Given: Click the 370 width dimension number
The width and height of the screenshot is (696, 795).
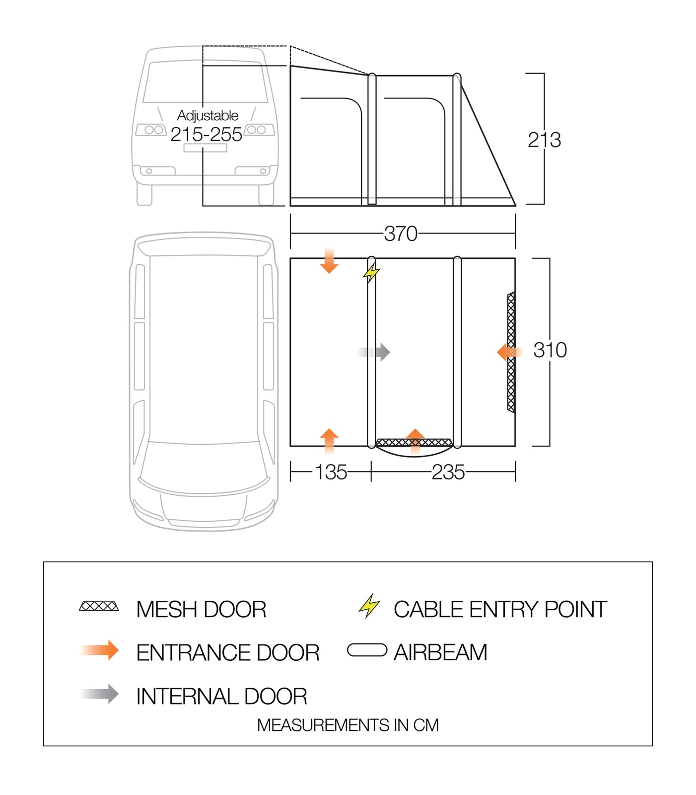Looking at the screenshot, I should coord(401,234).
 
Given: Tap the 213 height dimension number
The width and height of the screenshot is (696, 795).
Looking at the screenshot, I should coord(544,140).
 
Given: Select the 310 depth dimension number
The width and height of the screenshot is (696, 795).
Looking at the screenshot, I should coord(550,350).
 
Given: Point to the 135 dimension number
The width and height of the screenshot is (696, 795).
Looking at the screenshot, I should coord(331,472).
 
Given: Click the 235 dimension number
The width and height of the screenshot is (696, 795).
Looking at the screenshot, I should coord(448,472).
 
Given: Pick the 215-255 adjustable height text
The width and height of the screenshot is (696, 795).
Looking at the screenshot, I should coord(206,134).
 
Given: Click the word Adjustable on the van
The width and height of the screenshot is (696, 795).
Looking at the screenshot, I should coord(208,115).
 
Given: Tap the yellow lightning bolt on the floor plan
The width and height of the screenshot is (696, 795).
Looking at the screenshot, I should coord(371,272).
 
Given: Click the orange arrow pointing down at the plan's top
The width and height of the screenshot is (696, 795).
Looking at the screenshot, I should coord(329,262).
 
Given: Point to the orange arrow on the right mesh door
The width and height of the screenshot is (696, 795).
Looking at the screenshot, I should coord(508,352).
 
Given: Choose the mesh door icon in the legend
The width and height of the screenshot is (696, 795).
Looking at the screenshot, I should coord(99,606).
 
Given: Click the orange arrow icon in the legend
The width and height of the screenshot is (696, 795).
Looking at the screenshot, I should coord(100,650).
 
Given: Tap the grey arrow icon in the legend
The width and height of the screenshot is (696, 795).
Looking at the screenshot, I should coord(100,694).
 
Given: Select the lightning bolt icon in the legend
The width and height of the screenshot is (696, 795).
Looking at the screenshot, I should coord(369,606).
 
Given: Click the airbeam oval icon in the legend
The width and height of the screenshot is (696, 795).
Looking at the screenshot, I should coord(367,650).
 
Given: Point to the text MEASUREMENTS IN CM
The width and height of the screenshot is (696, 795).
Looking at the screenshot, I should coord(348,725).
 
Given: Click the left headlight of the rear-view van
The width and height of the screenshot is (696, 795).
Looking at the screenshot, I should coord(151,130).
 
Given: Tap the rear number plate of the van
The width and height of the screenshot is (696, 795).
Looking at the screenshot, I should coord(205,148).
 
